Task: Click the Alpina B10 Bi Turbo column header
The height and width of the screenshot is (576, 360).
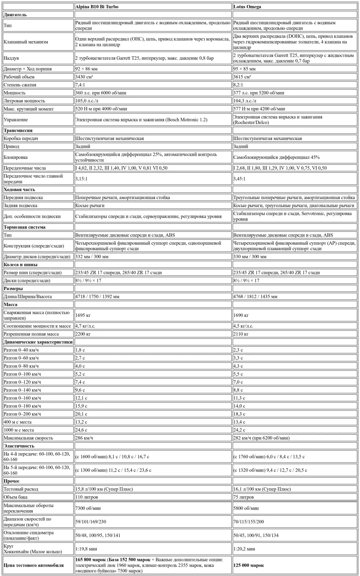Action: (97, 7)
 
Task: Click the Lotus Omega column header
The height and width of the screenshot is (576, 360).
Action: (247, 7)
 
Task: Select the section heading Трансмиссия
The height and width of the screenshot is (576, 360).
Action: (18, 130)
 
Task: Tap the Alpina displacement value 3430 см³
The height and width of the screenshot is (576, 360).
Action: (84, 77)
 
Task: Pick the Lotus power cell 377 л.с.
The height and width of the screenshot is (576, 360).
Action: (259, 93)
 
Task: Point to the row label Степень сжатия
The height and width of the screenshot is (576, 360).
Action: (20, 85)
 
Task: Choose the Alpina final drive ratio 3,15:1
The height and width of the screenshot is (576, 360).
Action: (81, 179)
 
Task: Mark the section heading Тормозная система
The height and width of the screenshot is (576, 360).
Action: (24, 227)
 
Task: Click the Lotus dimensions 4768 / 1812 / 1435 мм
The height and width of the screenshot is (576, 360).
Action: (255, 297)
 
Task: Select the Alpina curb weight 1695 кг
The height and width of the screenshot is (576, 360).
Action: (83, 315)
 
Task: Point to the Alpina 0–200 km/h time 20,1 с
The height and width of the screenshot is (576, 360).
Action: (81, 414)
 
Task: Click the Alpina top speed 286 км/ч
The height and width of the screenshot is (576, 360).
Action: (84, 438)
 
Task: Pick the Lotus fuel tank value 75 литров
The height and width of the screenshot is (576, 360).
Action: (243, 497)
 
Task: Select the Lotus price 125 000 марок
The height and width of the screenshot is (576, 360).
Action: (248, 565)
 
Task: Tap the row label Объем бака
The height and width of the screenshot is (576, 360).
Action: (16, 497)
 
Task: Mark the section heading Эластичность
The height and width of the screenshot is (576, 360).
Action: (19, 446)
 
